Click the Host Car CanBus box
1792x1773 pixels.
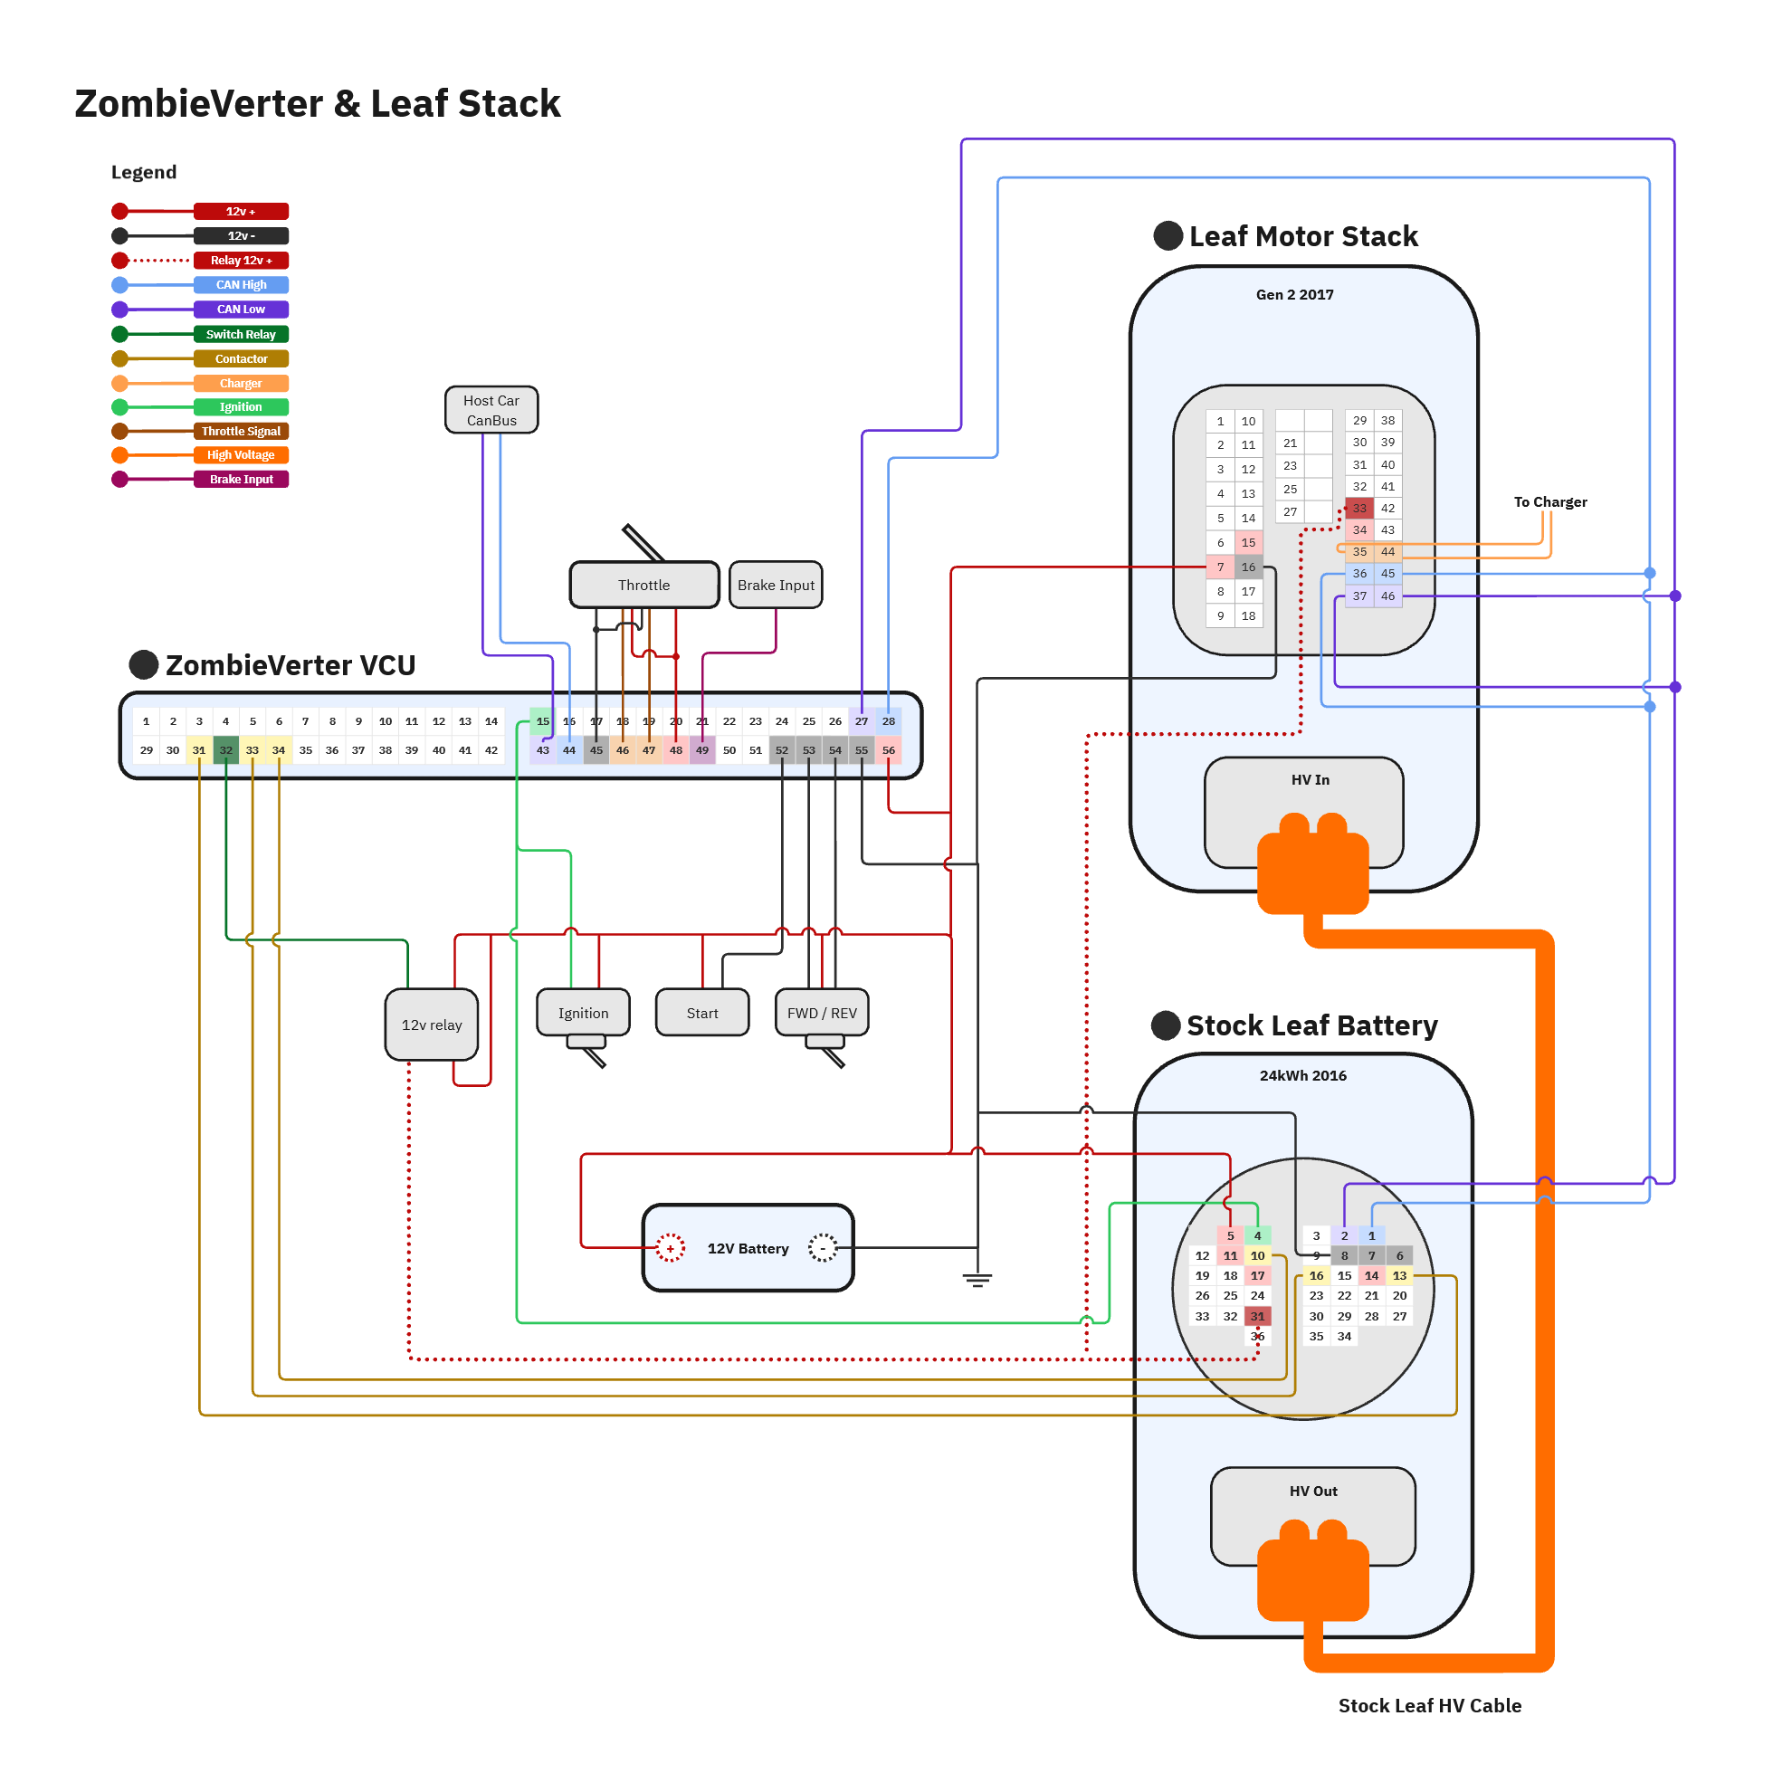[x=491, y=410]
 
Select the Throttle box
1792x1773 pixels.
[x=643, y=586]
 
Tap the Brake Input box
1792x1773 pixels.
[x=776, y=586]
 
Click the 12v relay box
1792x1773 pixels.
[x=432, y=1025]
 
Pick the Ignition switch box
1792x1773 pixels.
[x=584, y=1013]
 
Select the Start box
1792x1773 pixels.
[x=702, y=1013]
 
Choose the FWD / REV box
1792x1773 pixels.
[x=822, y=1013]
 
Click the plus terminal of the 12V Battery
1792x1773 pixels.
[x=670, y=1248]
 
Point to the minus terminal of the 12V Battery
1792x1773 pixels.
[x=823, y=1248]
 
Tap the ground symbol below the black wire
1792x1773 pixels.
[x=977, y=1281]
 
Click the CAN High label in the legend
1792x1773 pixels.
[x=241, y=285]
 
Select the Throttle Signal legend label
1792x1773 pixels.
[x=241, y=431]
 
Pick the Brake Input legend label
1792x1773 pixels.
[x=241, y=480]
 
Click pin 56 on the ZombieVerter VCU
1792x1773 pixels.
[x=889, y=750]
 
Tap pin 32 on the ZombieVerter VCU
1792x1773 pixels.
[x=225, y=750]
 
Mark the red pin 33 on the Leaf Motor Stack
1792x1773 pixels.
[x=1358, y=508]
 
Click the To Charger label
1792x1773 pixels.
[x=1550, y=501]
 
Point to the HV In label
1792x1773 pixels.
[x=1310, y=780]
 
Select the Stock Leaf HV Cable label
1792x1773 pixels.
[x=1429, y=1705]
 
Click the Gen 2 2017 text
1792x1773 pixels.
[x=1295, y=295]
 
